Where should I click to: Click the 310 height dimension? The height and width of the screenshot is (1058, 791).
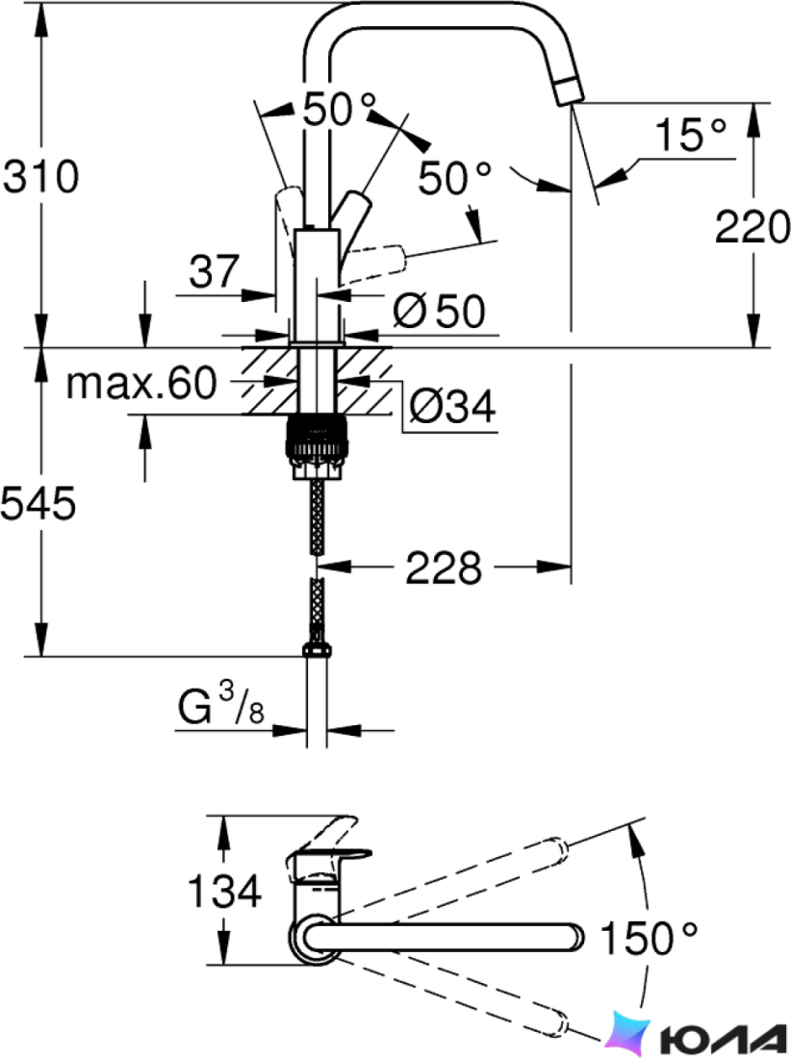point(41,178)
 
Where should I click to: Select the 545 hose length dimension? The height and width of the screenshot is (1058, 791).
point(38,503)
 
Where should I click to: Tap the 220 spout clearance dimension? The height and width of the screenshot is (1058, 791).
point(752,227)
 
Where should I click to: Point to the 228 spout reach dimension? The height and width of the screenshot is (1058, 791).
point(444,567)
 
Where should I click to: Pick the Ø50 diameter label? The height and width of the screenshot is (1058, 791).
point(439,311)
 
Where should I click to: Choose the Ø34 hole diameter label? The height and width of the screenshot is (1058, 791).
point(451,406)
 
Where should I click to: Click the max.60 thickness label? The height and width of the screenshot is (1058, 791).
point(141,383)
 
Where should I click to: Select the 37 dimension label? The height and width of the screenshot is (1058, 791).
point(214,270)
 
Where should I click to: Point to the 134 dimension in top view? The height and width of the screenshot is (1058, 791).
point(224,891)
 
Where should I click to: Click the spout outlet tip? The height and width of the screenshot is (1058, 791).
point(571,91)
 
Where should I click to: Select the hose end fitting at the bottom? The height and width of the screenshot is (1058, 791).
point(317,650)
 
